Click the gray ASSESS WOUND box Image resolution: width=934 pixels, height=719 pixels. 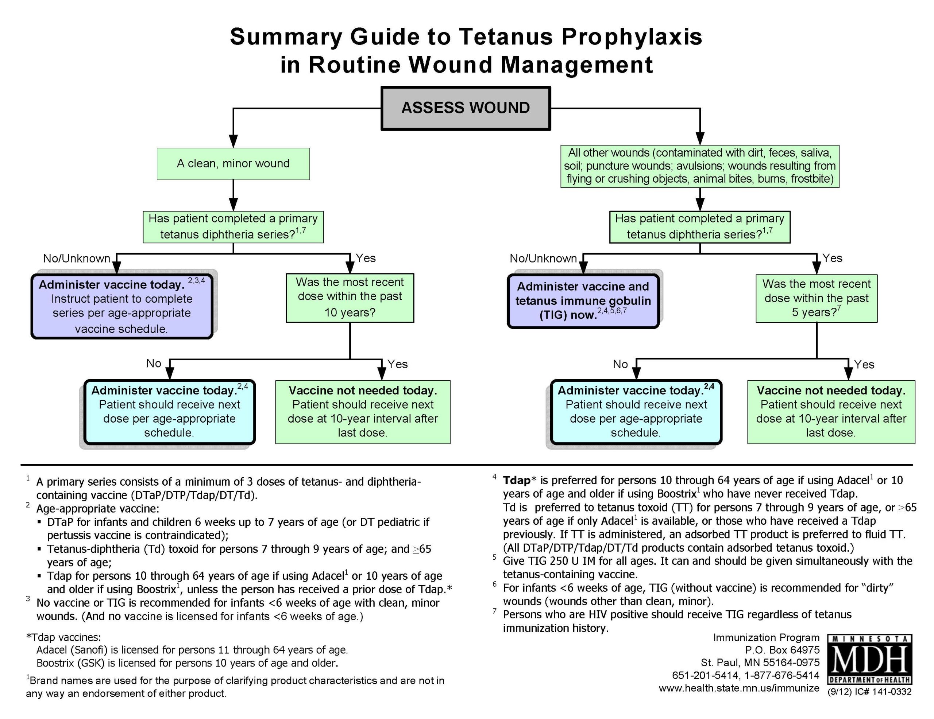point(466,108)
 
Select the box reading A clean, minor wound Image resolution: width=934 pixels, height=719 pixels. point(233,164)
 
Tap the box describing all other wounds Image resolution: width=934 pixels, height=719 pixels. point(700,166)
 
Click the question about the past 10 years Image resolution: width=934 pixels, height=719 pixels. point(350,298)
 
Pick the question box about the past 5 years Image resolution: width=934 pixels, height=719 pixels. point(817,298)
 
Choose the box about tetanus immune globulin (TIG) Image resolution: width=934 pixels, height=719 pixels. point(583,301)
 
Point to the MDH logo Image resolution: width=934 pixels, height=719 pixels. point(869,659)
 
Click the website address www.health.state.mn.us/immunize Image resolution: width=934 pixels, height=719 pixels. point(739,688)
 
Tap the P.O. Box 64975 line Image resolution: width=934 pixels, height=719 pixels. point(782,650)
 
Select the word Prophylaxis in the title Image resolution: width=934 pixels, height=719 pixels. point(632,37)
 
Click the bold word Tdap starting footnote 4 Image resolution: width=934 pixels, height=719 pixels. point(517,481)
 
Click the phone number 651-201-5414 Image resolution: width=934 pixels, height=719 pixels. point(705,675)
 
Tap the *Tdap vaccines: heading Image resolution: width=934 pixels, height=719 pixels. point(64,637)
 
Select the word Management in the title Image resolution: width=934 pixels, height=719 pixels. point(576,65)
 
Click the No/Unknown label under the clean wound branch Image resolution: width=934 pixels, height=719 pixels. point(77,259)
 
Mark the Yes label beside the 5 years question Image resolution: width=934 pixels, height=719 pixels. point(832,258)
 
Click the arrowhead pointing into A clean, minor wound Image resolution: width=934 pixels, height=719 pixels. point(233,141)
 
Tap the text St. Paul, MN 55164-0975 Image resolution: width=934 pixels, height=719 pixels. point(760,662)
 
